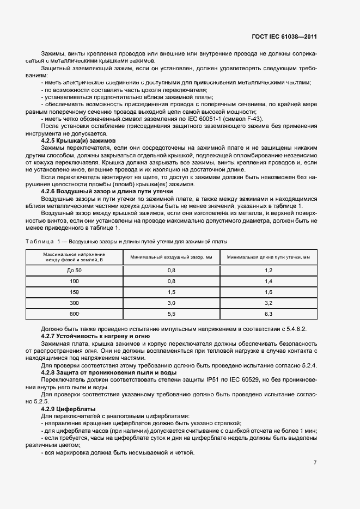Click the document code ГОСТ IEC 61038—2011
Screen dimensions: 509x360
coord(284,37)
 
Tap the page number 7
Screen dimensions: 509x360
coord(315,463)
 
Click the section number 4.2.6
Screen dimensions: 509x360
coord(50,192)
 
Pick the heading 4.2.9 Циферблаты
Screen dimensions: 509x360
coord(68,408)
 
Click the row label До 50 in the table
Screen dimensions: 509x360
coord(75,271)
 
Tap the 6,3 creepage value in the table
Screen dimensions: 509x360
coord(268,314)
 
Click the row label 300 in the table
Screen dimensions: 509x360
coord(75,303)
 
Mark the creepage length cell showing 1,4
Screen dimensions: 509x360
coord(268,281)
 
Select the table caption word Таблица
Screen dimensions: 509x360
coord(39,241)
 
